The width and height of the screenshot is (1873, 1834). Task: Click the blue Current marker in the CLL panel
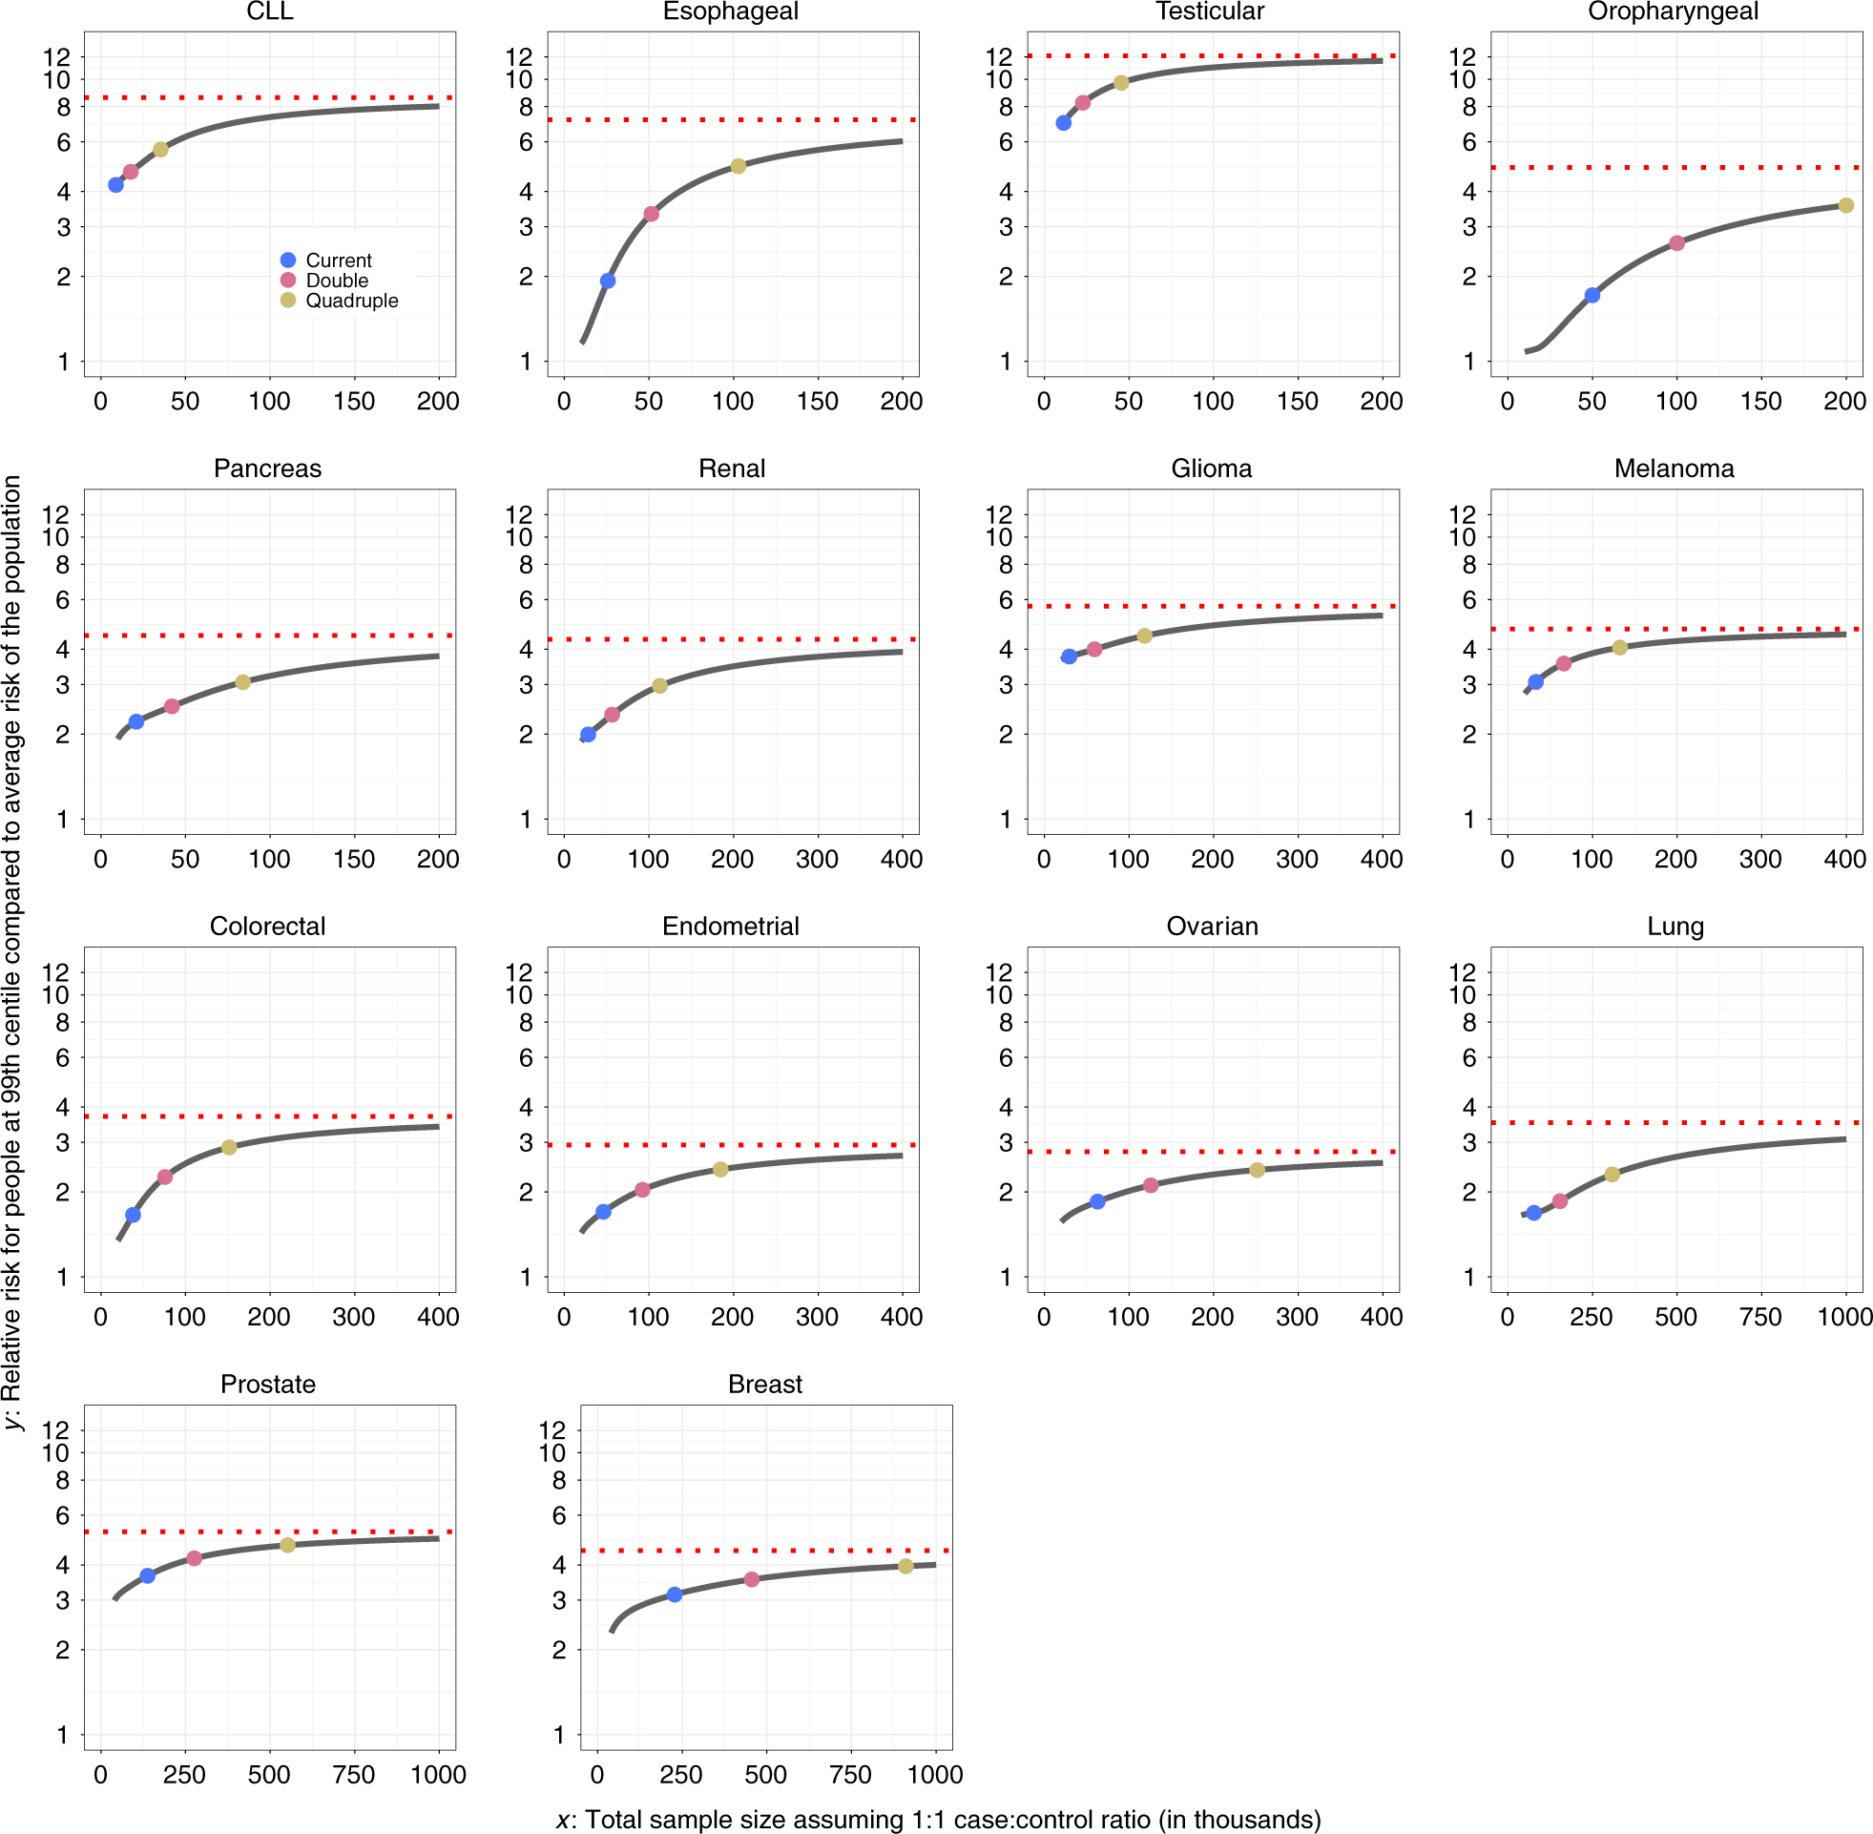coord(115,185)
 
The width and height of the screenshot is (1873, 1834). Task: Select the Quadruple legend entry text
coord(351,301)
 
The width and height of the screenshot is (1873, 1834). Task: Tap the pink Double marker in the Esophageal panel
coord(651,214)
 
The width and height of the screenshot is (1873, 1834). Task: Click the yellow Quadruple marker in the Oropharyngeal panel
coord(1845,205)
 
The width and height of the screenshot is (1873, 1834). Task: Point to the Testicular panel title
coord(1210,11)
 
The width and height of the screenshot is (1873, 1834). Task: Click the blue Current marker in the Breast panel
coord(674,1594)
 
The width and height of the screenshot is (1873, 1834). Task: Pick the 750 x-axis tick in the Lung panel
coord(1759,1317)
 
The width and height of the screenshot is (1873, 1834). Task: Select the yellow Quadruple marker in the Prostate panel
coord(287,1545)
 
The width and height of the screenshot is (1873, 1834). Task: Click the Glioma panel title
coord(1211,469)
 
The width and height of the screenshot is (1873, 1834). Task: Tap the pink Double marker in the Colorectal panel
coord(165,1178)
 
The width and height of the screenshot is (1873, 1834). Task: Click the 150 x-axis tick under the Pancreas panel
coord(353,859)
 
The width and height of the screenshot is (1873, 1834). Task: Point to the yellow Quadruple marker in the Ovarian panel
coord(1256,1169)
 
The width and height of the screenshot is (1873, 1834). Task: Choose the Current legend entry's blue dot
coord(288,261)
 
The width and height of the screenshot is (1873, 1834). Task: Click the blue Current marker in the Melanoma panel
coord(1535,682)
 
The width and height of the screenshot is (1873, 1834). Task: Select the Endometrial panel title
coord(730,927)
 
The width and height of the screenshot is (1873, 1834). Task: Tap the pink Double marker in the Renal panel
coord(612,715)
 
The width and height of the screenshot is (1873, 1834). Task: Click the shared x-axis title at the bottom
coord(938,1819)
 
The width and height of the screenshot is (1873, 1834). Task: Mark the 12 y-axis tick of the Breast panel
coord(551,1429)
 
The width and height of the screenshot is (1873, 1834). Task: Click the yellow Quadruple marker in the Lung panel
coord(1612,1175)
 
